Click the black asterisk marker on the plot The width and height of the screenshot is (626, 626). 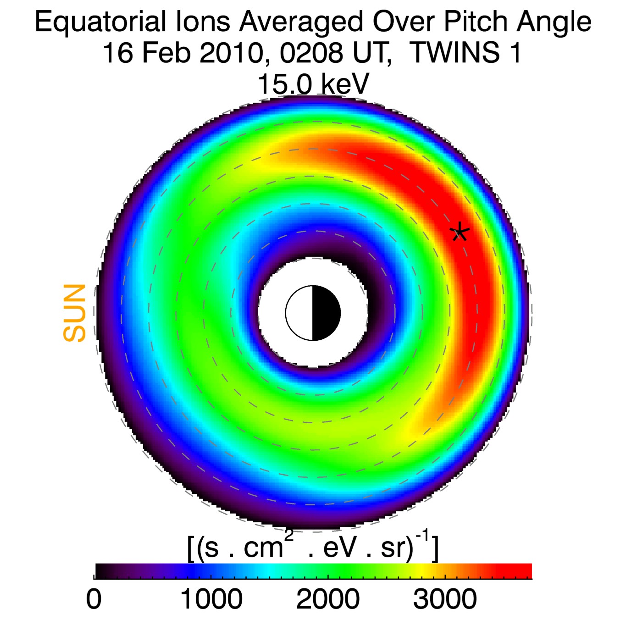459,233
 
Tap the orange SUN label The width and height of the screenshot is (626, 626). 74,313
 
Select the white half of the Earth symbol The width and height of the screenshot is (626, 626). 299,313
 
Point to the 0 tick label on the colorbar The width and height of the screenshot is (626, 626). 94,599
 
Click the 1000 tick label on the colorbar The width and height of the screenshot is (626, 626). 211,599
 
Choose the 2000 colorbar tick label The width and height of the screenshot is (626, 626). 328,599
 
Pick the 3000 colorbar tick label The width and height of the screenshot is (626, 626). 445,599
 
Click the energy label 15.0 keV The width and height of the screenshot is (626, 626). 313,84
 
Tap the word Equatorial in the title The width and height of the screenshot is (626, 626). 100,22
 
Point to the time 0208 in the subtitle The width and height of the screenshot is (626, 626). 311,53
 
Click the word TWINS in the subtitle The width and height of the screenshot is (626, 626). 454,53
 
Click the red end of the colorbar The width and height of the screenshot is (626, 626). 518,571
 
